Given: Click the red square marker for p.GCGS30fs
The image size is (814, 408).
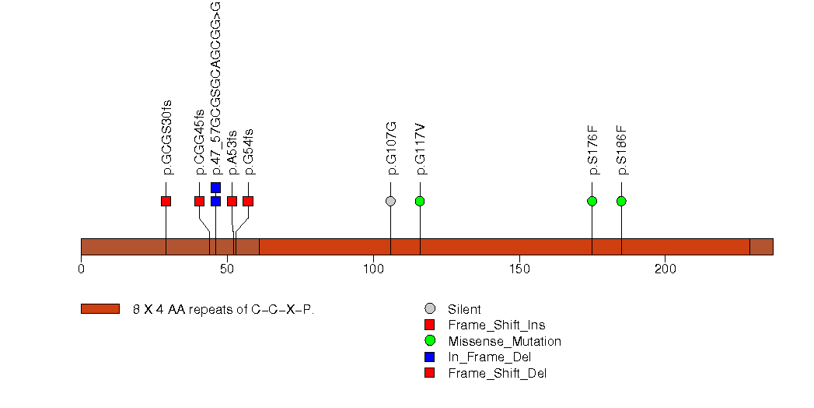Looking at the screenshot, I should coord(166,201).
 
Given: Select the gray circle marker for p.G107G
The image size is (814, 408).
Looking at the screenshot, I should coord(390,201).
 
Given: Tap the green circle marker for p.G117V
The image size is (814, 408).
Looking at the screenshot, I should coord(420,201).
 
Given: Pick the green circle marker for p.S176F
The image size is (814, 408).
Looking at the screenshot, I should coord(592,201).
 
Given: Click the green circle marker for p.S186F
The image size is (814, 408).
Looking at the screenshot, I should coord(621,201).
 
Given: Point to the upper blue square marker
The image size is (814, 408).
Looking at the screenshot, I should coord(215,188).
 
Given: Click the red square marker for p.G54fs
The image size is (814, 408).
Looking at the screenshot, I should coord(248,201).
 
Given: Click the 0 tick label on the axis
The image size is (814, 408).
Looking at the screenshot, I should coord(81,269).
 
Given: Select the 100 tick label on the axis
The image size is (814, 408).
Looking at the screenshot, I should coord(373,269).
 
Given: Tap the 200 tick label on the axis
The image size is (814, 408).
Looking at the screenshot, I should coord(666,269).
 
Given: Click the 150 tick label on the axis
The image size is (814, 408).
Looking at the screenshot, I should coord(519,269).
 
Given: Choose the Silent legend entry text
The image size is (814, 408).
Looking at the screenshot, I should coord(464,309).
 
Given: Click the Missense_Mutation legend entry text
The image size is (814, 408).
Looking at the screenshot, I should coord(504,341).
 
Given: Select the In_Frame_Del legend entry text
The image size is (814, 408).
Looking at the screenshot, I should coord(489,357).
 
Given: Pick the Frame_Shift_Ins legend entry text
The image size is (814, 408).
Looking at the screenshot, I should coord(491,325).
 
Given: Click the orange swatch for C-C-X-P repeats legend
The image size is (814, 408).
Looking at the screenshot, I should coord(100,309).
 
